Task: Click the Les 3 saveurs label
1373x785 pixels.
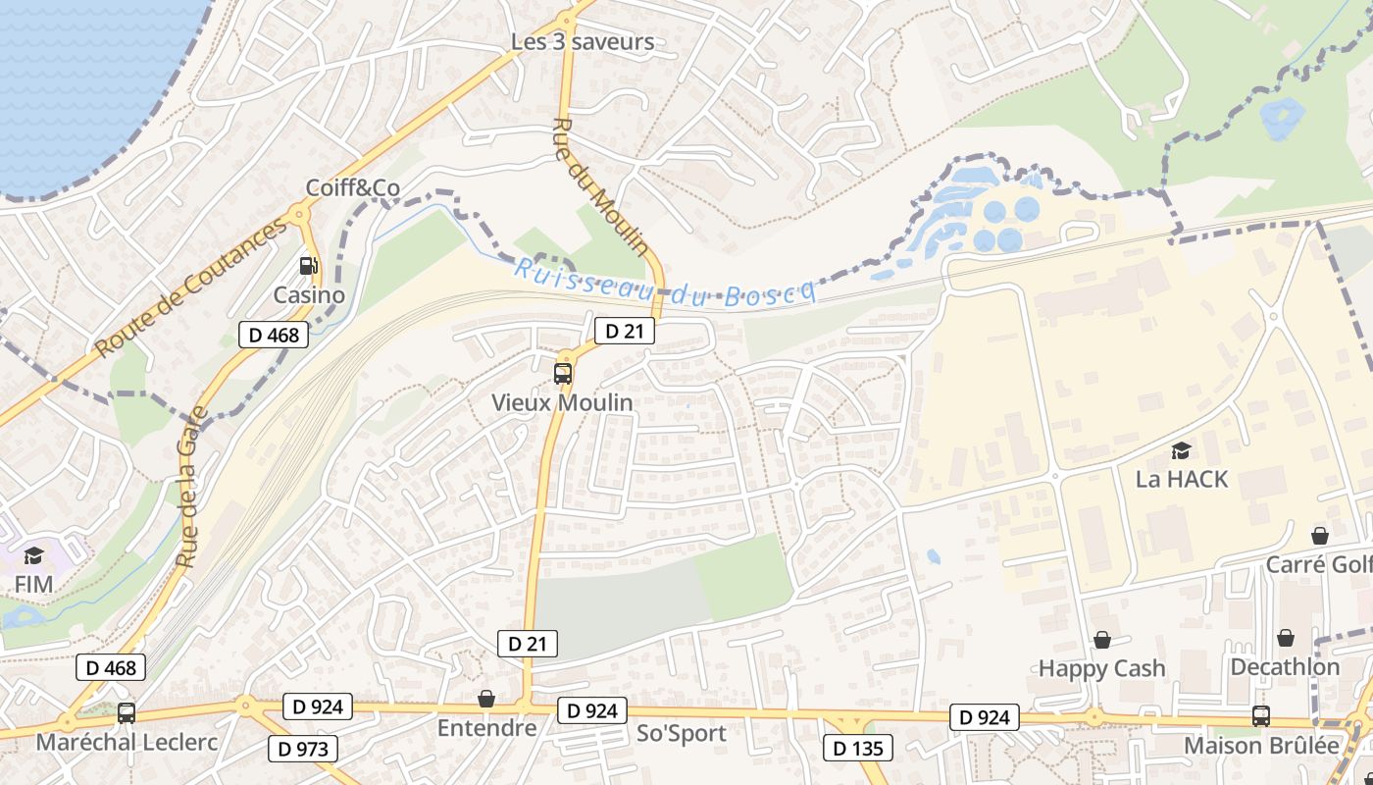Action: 583,42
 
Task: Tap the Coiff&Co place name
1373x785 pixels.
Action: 353,187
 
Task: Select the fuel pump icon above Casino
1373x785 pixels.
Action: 309,265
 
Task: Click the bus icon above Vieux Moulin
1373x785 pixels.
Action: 562,373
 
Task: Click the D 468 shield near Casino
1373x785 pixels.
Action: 274,335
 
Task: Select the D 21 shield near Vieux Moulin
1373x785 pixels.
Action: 624,331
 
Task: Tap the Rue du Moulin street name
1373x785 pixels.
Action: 600,186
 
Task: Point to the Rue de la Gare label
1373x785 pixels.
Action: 189,487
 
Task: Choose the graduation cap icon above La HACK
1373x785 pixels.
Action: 1181,450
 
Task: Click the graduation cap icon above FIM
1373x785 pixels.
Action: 33,555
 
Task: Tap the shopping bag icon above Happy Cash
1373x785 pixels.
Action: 1102,640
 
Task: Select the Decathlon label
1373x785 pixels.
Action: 1285,667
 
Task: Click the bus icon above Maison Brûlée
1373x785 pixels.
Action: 1261,716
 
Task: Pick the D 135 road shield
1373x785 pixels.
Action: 858,749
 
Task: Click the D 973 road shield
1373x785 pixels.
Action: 303,750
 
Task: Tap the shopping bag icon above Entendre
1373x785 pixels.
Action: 486,699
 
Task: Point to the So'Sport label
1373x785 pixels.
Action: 682,733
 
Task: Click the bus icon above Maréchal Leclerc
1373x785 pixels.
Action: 126,713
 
